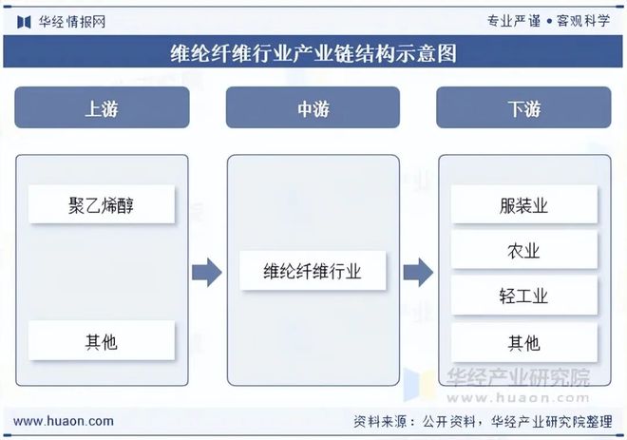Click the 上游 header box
[x=102, y=109]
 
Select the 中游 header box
[x=313, y=109]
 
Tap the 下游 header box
[x=523, y=109]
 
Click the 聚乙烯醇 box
[x=102, y=204]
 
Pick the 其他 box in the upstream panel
[x=102, y=340]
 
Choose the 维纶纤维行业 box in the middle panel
[x=313, y=272]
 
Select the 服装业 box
[x=523, y=205]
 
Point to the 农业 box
[x=523, y=251]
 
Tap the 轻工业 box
[x=523, y=297]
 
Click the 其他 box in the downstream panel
[x=523, y=342]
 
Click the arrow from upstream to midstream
[x=206, y=273]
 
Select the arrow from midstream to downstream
[x=418, y=273]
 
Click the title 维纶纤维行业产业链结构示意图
[x=313, y=53]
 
